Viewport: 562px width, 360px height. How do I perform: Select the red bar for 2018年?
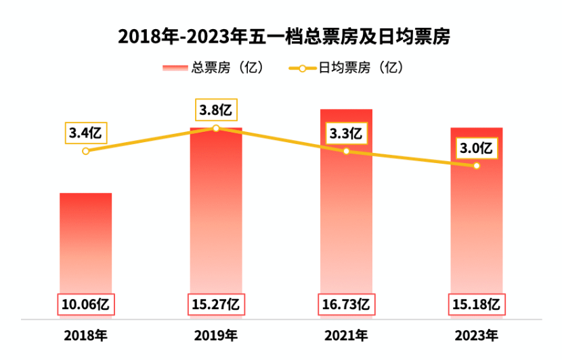[x=86, y=244]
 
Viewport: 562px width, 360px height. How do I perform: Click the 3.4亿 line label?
[x=85, y=133]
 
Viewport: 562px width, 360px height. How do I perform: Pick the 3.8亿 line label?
[x=216, y=110]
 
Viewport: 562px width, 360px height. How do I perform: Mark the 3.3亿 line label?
[x=346, y=133]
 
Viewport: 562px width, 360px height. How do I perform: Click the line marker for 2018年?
[x=85, y=151]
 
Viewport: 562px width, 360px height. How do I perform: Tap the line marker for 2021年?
[x=346, y=151]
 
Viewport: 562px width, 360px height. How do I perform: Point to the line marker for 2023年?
[x=477, y=166]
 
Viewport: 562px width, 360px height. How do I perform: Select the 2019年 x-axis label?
[x=216, y=335]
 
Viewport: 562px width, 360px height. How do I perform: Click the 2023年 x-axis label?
[x=477, y=335]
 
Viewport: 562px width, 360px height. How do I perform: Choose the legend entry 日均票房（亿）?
[x=345, y=68]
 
